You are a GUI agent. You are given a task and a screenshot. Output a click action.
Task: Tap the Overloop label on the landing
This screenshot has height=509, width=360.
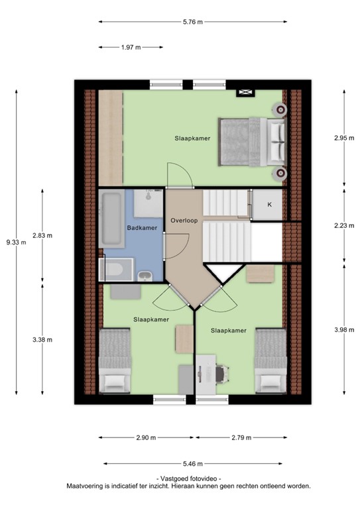click(x=182, y=220)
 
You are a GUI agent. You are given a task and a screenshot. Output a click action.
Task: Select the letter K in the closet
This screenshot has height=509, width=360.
click(x=269, y=205)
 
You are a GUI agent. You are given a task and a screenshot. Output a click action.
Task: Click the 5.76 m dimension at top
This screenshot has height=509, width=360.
click(x=193, y=22)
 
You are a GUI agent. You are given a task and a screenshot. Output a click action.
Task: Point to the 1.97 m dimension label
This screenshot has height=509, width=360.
click(x=131, y=47)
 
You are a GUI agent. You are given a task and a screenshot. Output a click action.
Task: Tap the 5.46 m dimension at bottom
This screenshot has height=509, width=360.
click(x=192, y=464)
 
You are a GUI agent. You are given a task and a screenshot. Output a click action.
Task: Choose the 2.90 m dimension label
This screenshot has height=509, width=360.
click(x=145, y=437)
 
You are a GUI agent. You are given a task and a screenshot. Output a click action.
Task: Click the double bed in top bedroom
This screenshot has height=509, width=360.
click(x=252, y=142)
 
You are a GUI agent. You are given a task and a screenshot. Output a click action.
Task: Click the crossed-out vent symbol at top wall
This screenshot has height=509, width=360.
click(x=245, y=93)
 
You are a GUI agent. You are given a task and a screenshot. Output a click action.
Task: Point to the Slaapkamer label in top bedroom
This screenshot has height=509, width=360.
click(x=192, y=138)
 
